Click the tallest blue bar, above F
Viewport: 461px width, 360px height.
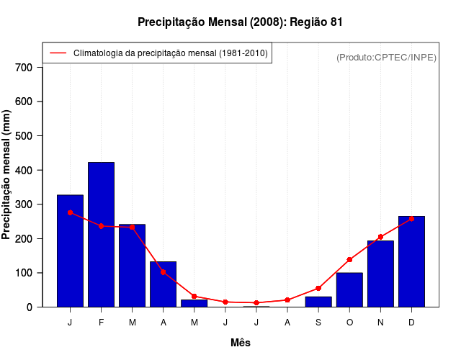tap(101, 234)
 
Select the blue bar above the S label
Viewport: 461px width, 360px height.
tap(318, 302)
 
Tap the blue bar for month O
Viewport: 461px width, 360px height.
tap(349, 289)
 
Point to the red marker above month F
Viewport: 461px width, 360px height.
tap(101, 226)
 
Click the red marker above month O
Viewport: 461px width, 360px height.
tap(349, 260)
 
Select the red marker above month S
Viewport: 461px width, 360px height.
tap(318, 289)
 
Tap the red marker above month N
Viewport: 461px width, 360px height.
tap(380, 237)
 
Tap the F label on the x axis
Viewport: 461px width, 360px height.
tap(101, 323)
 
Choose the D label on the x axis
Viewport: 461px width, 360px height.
tap(411, 323)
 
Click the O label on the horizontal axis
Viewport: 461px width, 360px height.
tap(349, 323)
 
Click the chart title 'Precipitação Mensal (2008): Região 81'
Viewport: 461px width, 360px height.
tap(240, 22)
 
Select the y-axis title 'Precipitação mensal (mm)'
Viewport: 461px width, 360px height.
tap(7, 174)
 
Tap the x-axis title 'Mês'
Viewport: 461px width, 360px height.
tap(241, 343)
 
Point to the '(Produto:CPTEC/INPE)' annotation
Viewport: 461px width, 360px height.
tap(386, 57)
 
